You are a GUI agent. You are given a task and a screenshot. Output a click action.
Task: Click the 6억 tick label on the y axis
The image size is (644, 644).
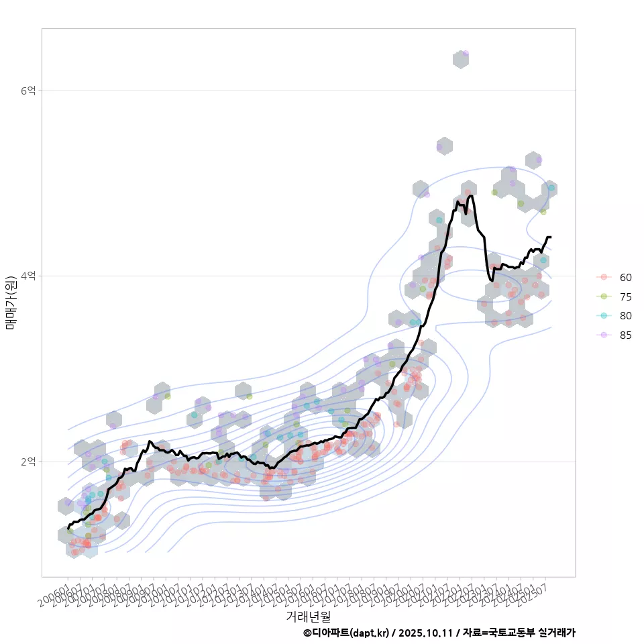pyautogui.click(x=29, y=90)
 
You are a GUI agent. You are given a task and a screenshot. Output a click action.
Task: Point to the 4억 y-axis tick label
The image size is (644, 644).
pyautogui.click(x=29, y=276)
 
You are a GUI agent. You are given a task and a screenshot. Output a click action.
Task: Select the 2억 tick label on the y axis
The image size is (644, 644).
pyautogui.click(x=29, y=462)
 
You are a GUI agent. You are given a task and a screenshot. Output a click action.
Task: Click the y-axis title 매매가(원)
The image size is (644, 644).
pyautogui.click(x=11, y=303)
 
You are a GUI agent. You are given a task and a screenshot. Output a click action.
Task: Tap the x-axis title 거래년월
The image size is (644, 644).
pyautogui.click(x=309, y=615)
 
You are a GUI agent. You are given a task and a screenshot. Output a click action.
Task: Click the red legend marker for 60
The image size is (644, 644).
pyautogui.click(x=604, y=277)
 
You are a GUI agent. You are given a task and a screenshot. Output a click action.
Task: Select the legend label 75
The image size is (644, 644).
pyautogui.click(x=626, y=297)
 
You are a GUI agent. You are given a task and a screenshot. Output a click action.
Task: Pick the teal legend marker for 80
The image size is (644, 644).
pyautogui.click(x=604, y=316)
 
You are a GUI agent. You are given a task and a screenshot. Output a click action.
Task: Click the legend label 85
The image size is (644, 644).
pyautogui.click(x=626, y=335)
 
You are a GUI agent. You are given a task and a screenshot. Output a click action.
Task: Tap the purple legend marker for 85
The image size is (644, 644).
pyautogui.click(x=604, y=335)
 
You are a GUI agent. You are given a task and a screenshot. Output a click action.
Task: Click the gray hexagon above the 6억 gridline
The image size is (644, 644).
pyautogui.click(x=460, y=59)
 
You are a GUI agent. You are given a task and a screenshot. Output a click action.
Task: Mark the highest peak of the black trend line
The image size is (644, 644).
pyautogui.click(x=471, y=196)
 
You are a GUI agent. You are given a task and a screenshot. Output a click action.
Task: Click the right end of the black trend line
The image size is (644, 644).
pyautogui.click(x=550, y=237)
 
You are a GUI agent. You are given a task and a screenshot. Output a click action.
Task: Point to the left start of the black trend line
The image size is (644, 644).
pyautogui.click(x=68, y=529)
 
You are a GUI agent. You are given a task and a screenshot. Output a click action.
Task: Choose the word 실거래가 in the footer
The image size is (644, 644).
pyautogui.click(x=557, y=633)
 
